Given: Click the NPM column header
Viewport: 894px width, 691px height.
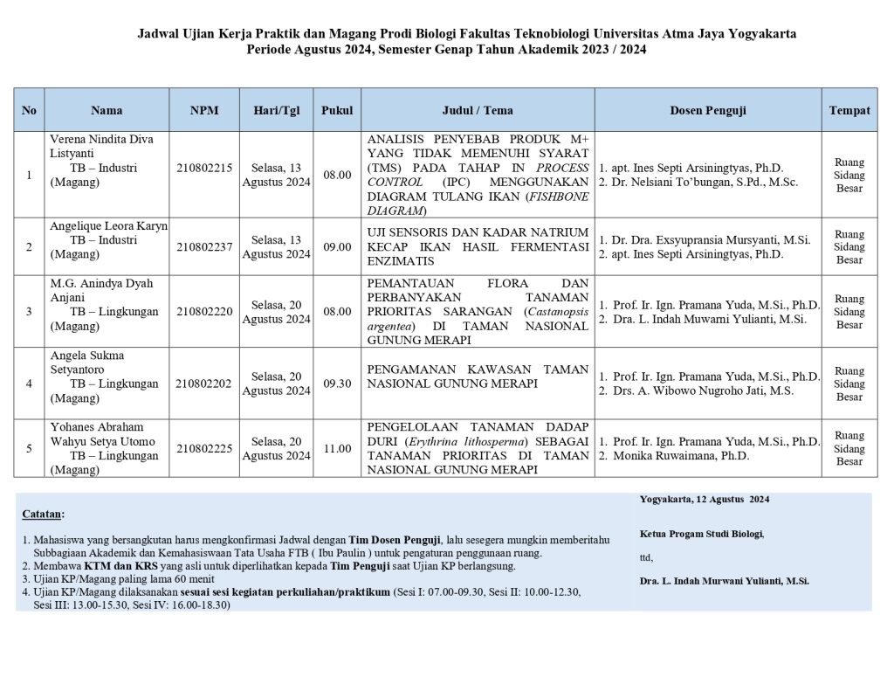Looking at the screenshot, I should pyautogui.click(x=204, y=110).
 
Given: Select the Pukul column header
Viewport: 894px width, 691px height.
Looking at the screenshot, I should pyautogui.click(x=337, y=110).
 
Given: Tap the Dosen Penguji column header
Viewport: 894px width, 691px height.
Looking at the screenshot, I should pyautogui.click(x=707, y=110).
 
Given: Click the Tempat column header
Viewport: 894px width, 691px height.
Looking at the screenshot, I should pyautogui.click(x=849, y=110).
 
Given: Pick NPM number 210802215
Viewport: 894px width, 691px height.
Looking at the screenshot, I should pyautogui.click(x=204, y=168).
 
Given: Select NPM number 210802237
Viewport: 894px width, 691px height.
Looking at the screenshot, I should pyautogui.click(x=204, y=246).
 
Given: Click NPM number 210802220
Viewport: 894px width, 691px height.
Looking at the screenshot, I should pyautogui.click(x=204, y=311).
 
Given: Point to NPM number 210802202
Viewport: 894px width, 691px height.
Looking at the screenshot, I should pyautogui.click(x=204, y=383).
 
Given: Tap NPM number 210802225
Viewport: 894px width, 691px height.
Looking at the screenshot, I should pyautogui.click(x=204, y=448).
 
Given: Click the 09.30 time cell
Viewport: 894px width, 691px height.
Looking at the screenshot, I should pyautogui.click(x=337, y=383).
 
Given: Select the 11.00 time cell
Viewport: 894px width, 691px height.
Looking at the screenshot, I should pyautogui.click(x=337, y=448).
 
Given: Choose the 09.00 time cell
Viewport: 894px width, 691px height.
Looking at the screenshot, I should pyautogui.click(x=337, y=247).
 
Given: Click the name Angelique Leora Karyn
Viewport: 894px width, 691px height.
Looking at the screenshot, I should pyautogui.click(x=108, y=225).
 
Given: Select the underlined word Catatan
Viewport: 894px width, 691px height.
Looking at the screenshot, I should pyautogui.click(x=43, y=515).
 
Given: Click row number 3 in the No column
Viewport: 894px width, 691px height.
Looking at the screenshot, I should pyautogui.click(x=29, y=311).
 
